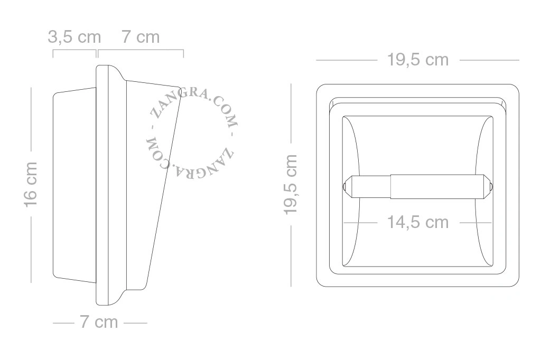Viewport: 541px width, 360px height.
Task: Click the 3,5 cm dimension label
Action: [x=74, y=37]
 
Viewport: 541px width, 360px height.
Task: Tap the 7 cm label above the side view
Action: [x=141, y=37]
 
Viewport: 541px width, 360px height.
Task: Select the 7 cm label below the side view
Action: [x=99, y=322]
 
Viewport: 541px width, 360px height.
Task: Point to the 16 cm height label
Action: [x=30, y=184]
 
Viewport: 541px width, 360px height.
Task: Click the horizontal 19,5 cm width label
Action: [x=418, y=60]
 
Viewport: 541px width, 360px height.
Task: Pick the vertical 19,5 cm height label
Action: [x=290, y=184]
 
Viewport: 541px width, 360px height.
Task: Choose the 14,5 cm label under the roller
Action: [x=418, y=222]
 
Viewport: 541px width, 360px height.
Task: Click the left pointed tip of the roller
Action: [x=343, y=187]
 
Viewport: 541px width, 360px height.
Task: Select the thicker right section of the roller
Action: [x=435, y=186]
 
